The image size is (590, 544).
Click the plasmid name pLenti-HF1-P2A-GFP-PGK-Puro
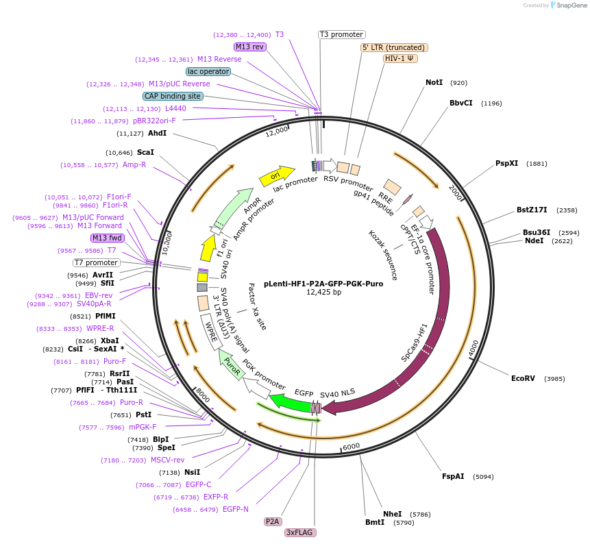pyautogui.click(x=323, y=284)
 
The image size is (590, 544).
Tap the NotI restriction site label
pyautogui.click(x=434, y=82)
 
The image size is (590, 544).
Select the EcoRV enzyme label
pyautogui.click(x=523, y=378)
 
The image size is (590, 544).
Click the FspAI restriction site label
pyautogui.click(x=453, y=476)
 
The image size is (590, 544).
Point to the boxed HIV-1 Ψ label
pyautogui.click(x=400, y=58)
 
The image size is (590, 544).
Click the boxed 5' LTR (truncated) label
pyautogui.click(x=394, y=47)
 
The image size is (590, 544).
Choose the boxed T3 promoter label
pyautogui.click(x=342, y=35)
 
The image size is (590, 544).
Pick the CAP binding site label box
pyautogui.click(x=173, y=96)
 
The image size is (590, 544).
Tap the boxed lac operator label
pyautogui.click(x=208, y=71)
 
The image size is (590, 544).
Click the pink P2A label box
pyautogui.click(x=273, y=521)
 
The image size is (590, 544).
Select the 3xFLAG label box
pyautogui.click(x=300, y=532)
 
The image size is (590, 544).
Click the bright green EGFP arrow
pyautogui.click(x=291, y=402)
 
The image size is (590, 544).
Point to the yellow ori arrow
pyautogui.click(x=277, y=175)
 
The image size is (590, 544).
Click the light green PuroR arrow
pyautogui.click(x=230, y=364)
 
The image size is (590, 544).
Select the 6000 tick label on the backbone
pyautogui.click(x=352, y=447)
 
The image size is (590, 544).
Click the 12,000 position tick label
pyautogui.click(x=277, y=132)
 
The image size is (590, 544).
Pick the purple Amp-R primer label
pyautogui.click(x=134, y=165)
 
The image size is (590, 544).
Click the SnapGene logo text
pyautogui.click(x=571, y=5)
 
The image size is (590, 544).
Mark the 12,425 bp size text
pyautogui.click(x=323, y=293)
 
